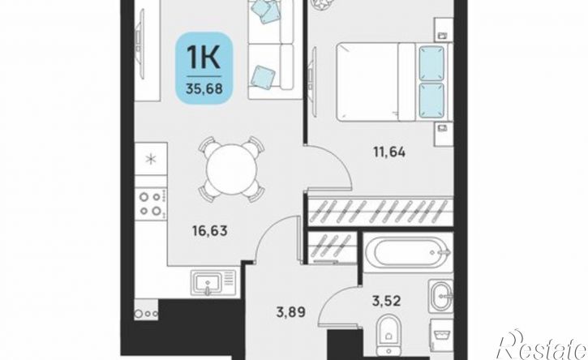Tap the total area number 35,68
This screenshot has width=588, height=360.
tap(204, 89)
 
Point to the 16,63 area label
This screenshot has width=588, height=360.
tap(210, 230)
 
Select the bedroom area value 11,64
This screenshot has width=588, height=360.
tap(389, 152)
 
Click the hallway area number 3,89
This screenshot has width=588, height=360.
tap(291, 311)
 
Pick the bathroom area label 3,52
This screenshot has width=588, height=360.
tap(386, 300)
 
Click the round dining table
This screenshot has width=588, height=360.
tap(231, 169)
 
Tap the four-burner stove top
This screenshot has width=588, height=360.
tap(151, 203)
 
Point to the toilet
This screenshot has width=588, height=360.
tap(388, 335)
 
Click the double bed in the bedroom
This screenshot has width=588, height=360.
tap(394, 82)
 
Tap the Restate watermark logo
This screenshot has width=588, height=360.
tap(541, 345)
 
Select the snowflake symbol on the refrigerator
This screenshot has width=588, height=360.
tap(151, 159)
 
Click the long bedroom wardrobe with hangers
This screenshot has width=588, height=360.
tap(380, 211)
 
